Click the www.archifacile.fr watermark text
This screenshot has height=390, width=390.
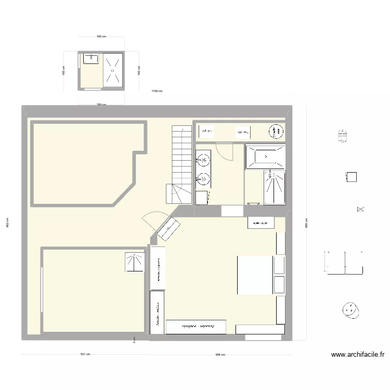358,355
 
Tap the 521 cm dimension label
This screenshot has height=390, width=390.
85,355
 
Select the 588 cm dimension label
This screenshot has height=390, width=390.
220,355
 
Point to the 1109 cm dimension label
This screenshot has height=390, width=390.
157,91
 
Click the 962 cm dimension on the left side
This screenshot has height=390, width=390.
7,223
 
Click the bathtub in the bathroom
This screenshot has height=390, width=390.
265,156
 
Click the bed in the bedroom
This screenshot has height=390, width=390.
255,274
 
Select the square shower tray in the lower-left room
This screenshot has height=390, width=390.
134,262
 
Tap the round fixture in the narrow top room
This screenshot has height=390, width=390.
274,132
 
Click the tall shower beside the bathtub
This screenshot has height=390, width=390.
274,187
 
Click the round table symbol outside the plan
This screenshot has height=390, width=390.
351,310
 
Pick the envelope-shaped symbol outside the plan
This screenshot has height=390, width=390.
360,209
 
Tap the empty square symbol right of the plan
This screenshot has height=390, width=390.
352,177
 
